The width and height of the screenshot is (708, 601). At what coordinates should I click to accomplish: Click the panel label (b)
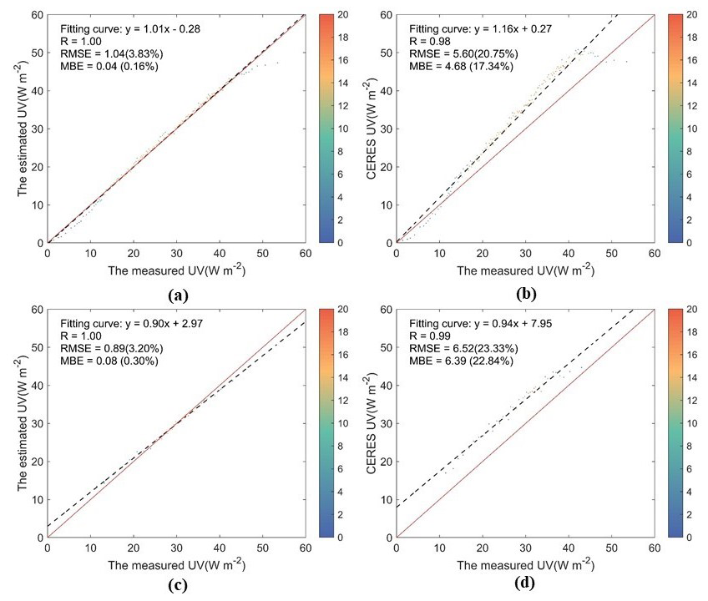[526, 293]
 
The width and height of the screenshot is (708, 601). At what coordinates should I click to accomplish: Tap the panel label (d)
[526, 583]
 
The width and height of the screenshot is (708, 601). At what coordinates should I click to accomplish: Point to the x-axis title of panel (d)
[525, 563]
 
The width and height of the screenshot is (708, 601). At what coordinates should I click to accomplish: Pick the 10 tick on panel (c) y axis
[38, 499]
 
